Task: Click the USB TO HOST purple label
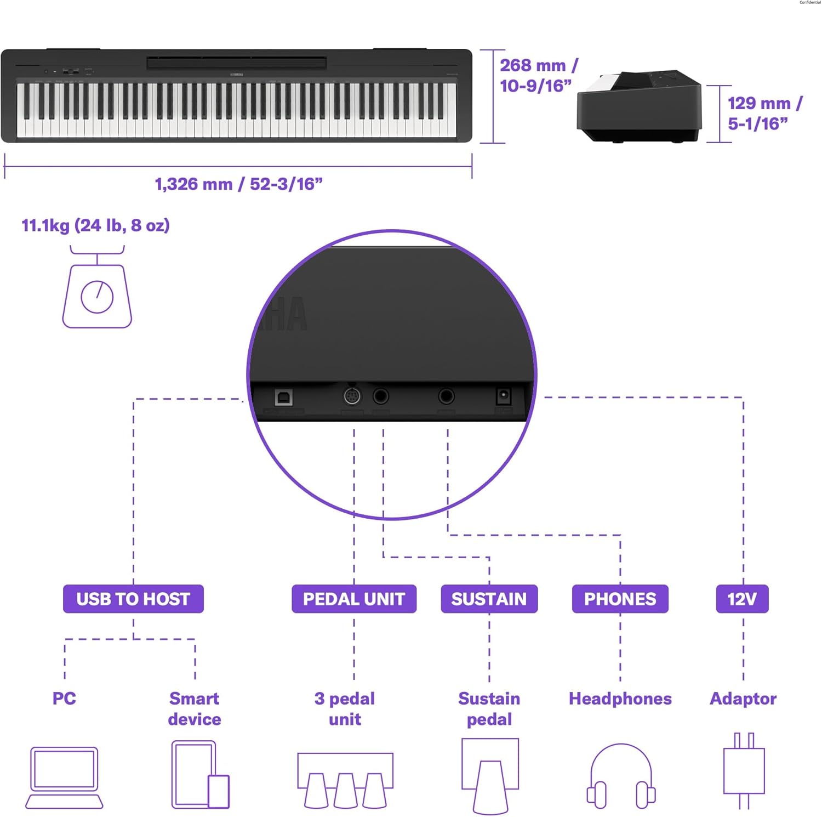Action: [x=133, y=599]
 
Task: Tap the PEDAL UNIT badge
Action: [x=353, y=599]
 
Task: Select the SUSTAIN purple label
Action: [x=489, y=599]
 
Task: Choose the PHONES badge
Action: [x=620, y=599]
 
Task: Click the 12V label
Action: [x=742, y=599]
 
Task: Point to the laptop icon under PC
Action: [x=64, y=778]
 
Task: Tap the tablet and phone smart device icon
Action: [x=200, y=775]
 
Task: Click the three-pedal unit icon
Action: [x=345, y=780]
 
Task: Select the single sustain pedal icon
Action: [x=490, y=775]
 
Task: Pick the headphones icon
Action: [x=621, y=775]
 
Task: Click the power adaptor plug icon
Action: [x=744, y=770]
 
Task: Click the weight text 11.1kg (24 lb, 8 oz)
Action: [x=95, y=225]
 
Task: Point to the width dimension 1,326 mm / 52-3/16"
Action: [x=238, y=184]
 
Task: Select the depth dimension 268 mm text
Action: [x=539, y=76]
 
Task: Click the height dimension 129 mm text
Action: [x=765, y=114]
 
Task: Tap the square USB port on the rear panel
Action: [x=283, y=397]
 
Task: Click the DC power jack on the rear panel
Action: [x=503, y=396]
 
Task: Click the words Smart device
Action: [x=195, y=708]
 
